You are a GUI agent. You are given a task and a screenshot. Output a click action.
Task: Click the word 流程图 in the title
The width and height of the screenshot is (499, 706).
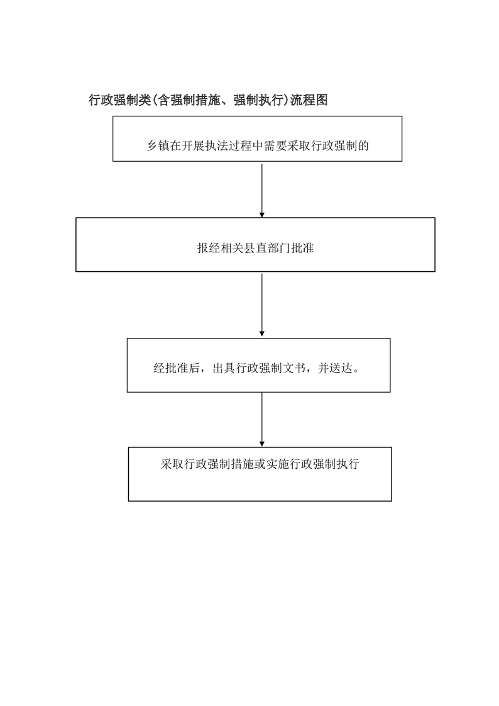pyautogui.click(x=309, y=100)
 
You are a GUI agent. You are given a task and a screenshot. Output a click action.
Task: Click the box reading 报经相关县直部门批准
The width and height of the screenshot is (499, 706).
pyautogui.click(x=255, y=245)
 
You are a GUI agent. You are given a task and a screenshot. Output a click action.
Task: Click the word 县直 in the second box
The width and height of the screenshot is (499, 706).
pyautogui.click(x=255, y=248)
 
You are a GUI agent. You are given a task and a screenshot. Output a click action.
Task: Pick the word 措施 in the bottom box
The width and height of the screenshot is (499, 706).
pyautogui.click(x=243, y=464)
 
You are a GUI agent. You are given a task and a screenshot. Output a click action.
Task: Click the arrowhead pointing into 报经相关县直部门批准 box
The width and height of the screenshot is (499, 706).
pyautogui.click(x=262, y=215)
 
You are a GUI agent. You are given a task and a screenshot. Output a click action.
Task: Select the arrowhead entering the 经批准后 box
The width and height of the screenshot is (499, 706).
pyautogui.click(x=262, y=333)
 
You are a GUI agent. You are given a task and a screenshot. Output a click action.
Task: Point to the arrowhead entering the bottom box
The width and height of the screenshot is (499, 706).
pyautogui.click(x=262, y=444)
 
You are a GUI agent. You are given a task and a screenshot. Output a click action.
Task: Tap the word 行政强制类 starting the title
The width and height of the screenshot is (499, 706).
pyautogui.click(x=119, y=100)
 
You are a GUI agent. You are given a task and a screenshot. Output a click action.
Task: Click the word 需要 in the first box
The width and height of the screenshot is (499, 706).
pyautogui.click(x=275, y=146)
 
